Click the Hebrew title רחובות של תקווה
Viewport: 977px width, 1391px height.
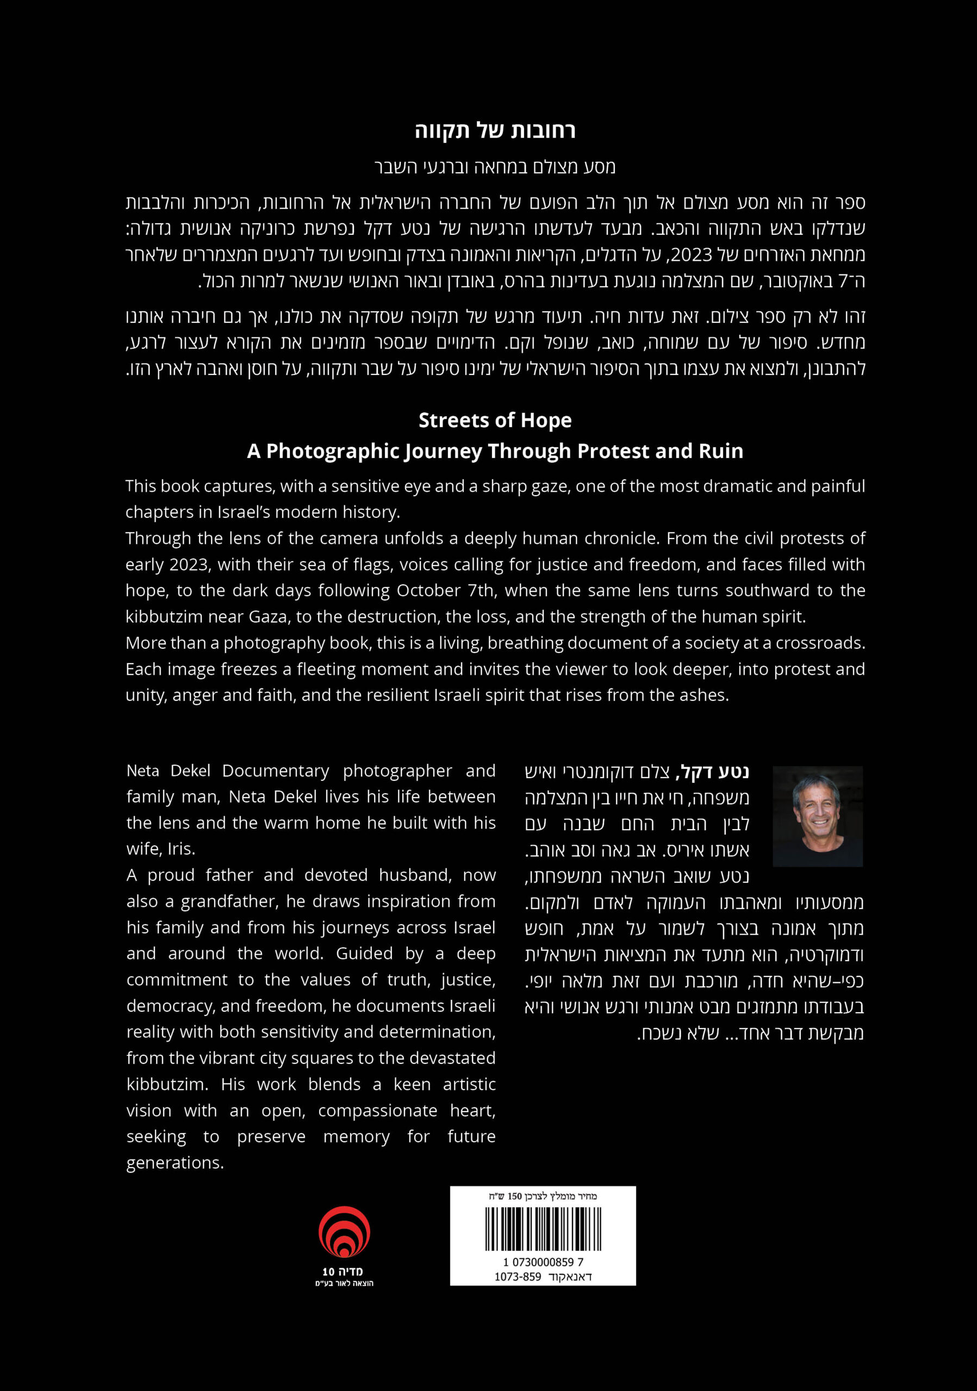[495, 131]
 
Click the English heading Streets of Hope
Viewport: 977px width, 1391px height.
[495, 421]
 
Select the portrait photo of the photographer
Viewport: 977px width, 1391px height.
[817, 816]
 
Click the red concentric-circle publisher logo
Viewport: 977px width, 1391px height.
[344, 1232]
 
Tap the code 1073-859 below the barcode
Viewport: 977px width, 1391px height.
[518, 1276]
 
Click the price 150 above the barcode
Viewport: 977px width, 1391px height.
[514, 1196]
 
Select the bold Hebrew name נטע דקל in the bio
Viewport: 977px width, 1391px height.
[714, 772]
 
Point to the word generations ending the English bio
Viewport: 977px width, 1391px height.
[175, 1163]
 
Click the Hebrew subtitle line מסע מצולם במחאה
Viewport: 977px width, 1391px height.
[495, 167]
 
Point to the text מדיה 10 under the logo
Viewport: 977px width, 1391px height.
[343, 1271]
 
